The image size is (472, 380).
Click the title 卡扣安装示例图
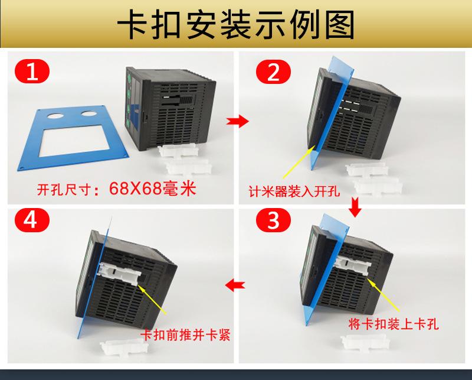tap(236, 25)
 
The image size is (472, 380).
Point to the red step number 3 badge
tap(273, 222)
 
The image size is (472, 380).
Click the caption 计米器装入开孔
tap(294, 191)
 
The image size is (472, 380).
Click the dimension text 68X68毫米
tap(152, 190)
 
